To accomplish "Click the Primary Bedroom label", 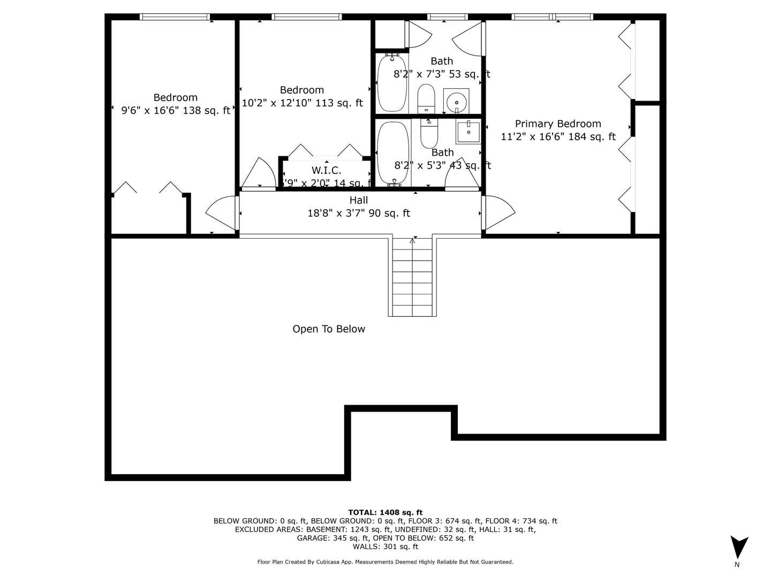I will [558, 124].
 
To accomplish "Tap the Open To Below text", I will [329, 329].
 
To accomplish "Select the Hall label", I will [358, 200].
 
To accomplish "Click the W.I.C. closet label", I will [326, 170].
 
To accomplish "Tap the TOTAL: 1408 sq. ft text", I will [385, 512].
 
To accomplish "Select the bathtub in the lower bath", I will [393, 153].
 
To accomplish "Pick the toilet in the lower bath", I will [429, 134].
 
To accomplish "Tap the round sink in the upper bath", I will [456, 101].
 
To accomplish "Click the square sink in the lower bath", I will [468, 131].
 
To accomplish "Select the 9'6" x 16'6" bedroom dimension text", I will [176, 111].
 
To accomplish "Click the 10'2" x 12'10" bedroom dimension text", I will [302, 103].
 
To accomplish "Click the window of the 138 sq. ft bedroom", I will [175, 17].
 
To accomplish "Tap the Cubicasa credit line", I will [385, 562].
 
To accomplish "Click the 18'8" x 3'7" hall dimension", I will [358, 213].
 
